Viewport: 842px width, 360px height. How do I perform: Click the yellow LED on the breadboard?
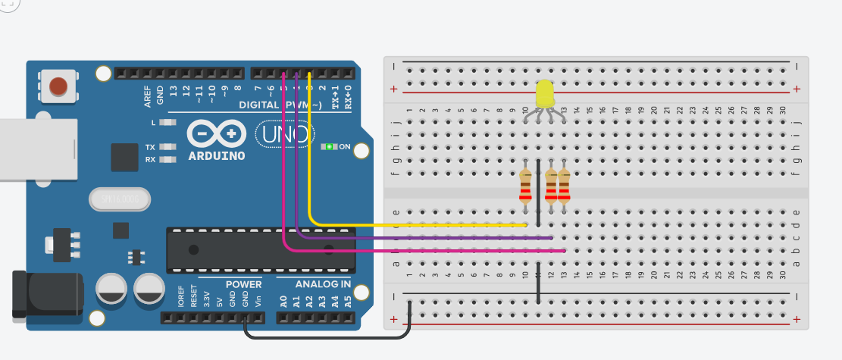click(x=544, y=95)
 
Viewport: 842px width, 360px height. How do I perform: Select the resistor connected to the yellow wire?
click(x=525, y=186)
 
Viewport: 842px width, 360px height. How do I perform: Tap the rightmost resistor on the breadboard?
click(x=564, y=186)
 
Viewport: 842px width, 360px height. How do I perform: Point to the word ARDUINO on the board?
click(x=217, y=156)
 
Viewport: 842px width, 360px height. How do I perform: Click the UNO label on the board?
click(x=284, y=135)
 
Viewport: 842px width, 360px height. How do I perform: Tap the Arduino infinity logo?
click(x=217, y=133)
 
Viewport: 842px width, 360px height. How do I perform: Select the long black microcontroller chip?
click(x=261, y=249)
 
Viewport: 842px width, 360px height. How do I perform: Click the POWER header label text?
click(x=243, y=284)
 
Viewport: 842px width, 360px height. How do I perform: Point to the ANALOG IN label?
click(x=323, y=284)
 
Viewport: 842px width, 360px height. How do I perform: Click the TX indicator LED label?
click(x=150, y=147)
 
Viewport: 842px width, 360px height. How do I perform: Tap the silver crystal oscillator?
click(x=120, y=199)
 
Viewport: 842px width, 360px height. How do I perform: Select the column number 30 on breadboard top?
click(x=782, y=111)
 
